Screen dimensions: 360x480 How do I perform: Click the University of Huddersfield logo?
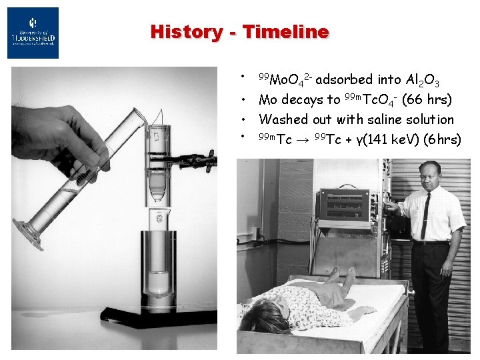coord(33,33)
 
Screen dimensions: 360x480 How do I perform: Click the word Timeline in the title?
coord(285,31)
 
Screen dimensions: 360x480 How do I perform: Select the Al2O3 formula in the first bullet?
coord(422,81)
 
